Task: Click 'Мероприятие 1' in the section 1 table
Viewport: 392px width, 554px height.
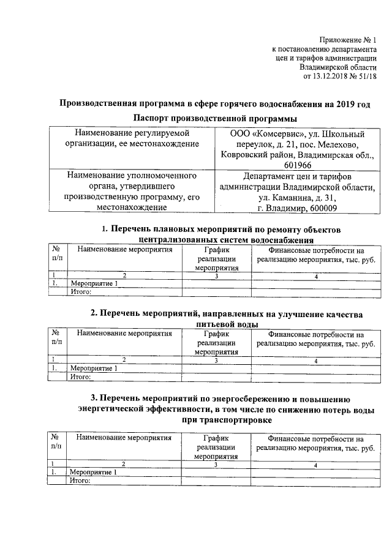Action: click(94, 284)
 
